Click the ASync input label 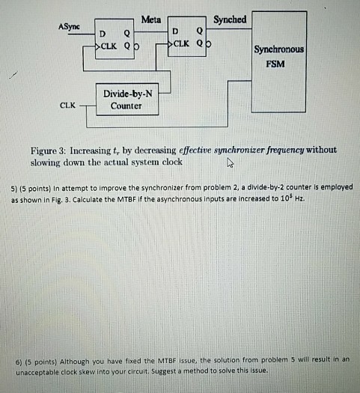pyautogui.click(x=68, y=26)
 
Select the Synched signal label pyautogui.click(x=230, y=19)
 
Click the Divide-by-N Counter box pyautogui.click(x=126, y=100)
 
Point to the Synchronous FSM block pyautogui.click(x=278, y=56)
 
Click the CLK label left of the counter pyautogui.click(x=67, y=106)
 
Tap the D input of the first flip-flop pyautogui.click(x=104, y=33)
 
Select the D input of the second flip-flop pyautogui.click(x=175, y=33)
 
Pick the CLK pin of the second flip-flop pyautogui.click(x=182, y=43)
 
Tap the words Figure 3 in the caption pyautogui.click(x=46, y=150)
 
